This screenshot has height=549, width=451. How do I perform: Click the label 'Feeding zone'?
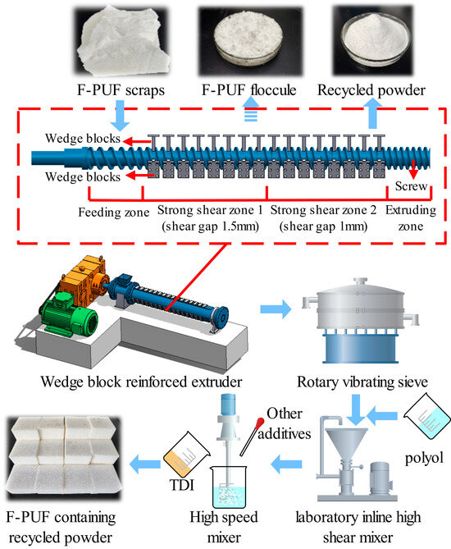point(102,211)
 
